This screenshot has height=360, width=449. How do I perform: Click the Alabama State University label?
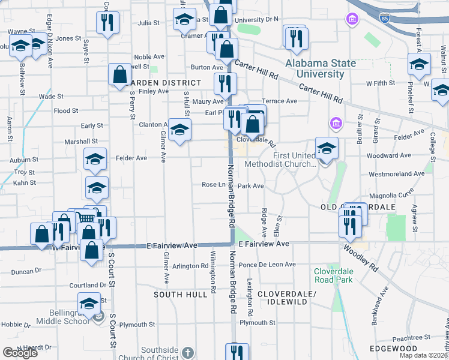(x=321, y=68)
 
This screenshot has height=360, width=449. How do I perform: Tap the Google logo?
(x=20, y=353)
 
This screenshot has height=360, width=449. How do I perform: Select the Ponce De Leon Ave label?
(x=267, y=265)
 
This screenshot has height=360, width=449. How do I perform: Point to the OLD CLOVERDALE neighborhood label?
(x=358, y=206)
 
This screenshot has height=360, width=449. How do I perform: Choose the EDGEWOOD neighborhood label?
(x=394, y=349)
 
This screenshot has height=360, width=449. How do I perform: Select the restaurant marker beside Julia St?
(x=108, y=23)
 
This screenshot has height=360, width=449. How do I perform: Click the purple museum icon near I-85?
(x=351, y=20)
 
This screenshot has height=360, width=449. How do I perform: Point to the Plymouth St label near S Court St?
(x=136, y=324)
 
